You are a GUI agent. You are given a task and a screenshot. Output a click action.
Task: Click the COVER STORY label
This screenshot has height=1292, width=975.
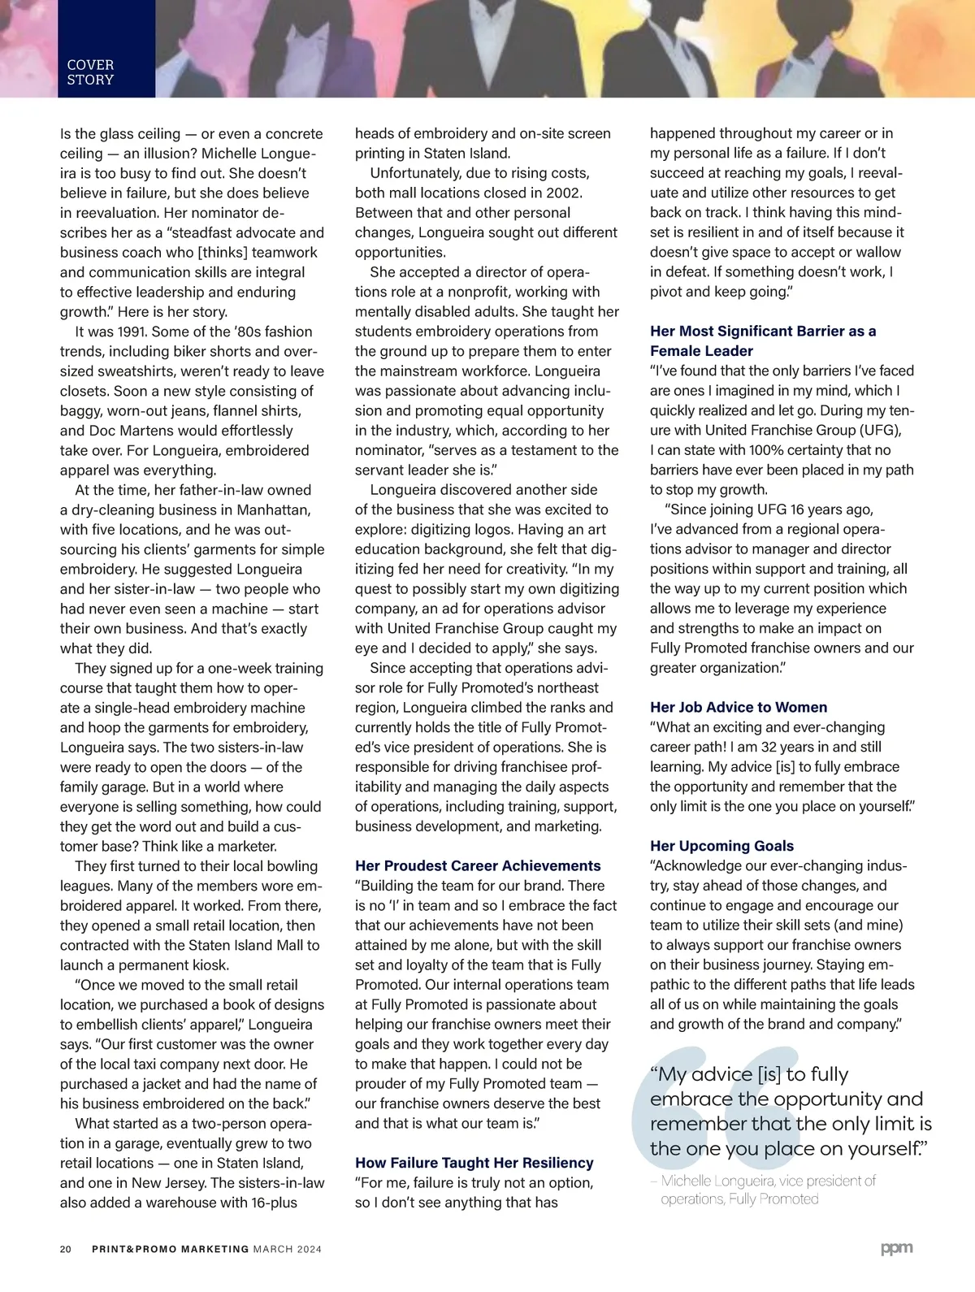coord(90,72)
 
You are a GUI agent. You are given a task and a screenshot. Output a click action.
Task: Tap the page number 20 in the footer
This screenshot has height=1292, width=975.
coord(66,1249)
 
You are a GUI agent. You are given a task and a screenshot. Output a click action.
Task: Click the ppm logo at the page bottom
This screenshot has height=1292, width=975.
coord(896,1248)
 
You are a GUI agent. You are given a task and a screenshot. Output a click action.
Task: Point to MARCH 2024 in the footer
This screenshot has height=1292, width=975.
coord(287,1249)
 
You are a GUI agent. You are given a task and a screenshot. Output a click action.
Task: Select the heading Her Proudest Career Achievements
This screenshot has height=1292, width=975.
coord(478,865)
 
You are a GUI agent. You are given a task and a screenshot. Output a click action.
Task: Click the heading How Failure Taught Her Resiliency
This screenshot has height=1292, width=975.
coord(474,1163)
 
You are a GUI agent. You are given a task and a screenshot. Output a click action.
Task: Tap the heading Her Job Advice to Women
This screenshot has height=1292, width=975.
coord(739,707)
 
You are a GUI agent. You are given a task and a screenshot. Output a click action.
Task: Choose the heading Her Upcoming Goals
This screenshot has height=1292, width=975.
coord(721,846)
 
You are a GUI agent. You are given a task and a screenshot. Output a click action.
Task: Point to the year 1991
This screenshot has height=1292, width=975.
coord(131,332)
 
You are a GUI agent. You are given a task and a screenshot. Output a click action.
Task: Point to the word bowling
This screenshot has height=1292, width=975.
coord(291,866)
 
